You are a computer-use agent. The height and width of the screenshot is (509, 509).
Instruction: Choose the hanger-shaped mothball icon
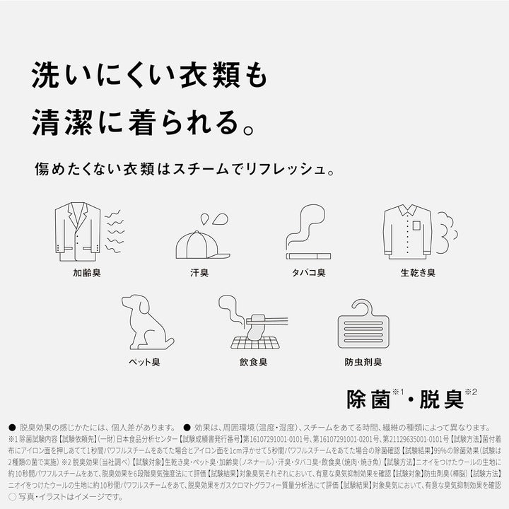(x=359, y=324)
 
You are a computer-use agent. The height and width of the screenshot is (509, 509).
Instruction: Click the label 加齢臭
(x=87, y=272)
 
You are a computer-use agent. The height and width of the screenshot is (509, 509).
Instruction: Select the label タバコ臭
(x=308, y=272)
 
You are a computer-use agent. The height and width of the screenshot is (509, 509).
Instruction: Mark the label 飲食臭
(x=253, y=362)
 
